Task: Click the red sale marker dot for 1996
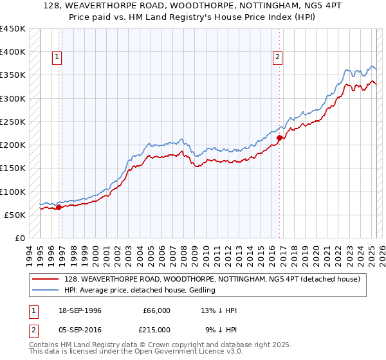click(59, 207)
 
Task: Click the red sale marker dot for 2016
click(279, 138)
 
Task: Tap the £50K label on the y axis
click(15, 215)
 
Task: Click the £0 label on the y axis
click(19, 238)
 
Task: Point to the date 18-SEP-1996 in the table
click(78, 310)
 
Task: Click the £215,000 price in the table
click(156, 329)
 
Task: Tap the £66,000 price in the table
click(156, 310)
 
